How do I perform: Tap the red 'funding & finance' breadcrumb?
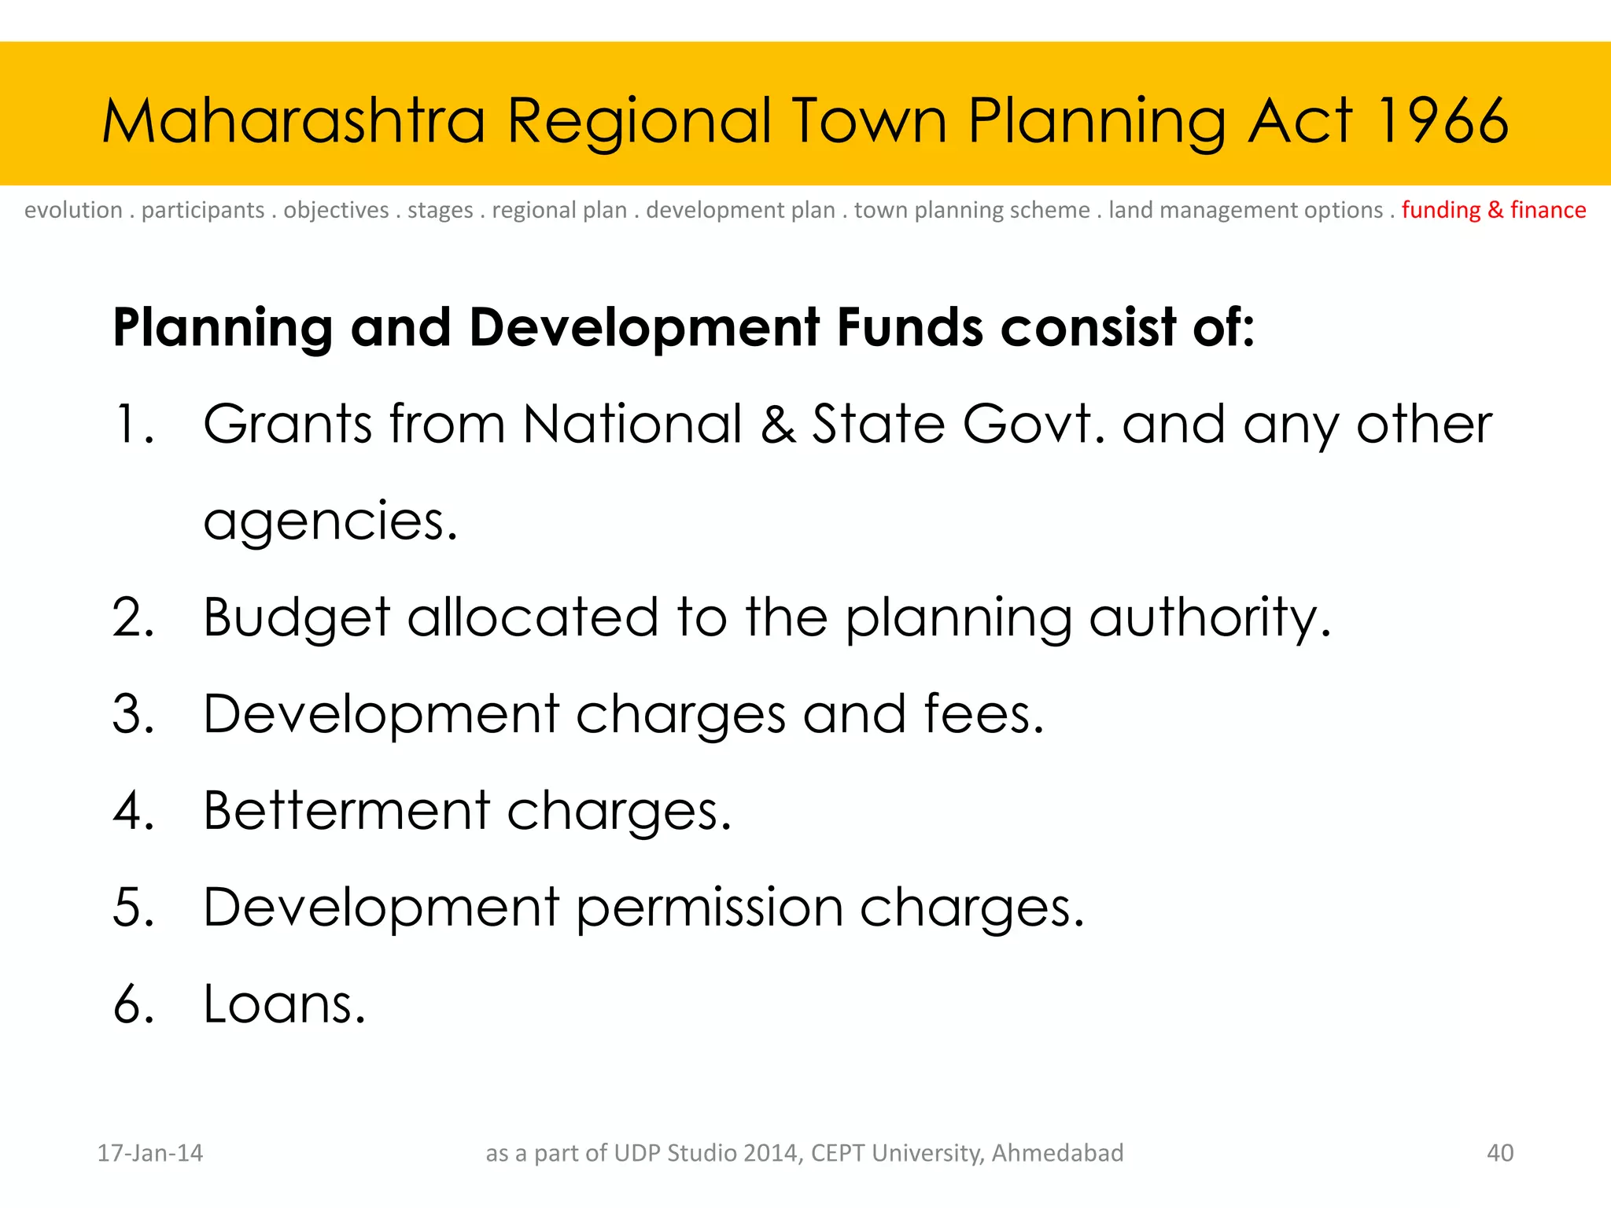1493,210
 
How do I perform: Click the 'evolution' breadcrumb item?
73,210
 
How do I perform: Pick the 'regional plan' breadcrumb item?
559,210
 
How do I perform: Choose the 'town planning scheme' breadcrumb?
971,210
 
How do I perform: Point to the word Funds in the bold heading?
909,327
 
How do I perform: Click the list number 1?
130,425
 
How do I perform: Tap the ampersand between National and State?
778,425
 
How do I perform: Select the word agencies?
330,521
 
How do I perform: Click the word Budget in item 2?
297,617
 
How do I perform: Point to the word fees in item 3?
983,714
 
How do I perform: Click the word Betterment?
346,811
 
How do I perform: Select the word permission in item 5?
709,908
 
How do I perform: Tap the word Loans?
284,1004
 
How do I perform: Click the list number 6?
132,1004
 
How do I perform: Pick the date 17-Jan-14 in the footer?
149,1153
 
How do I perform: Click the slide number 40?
1499,1153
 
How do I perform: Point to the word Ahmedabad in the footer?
1057,1153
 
